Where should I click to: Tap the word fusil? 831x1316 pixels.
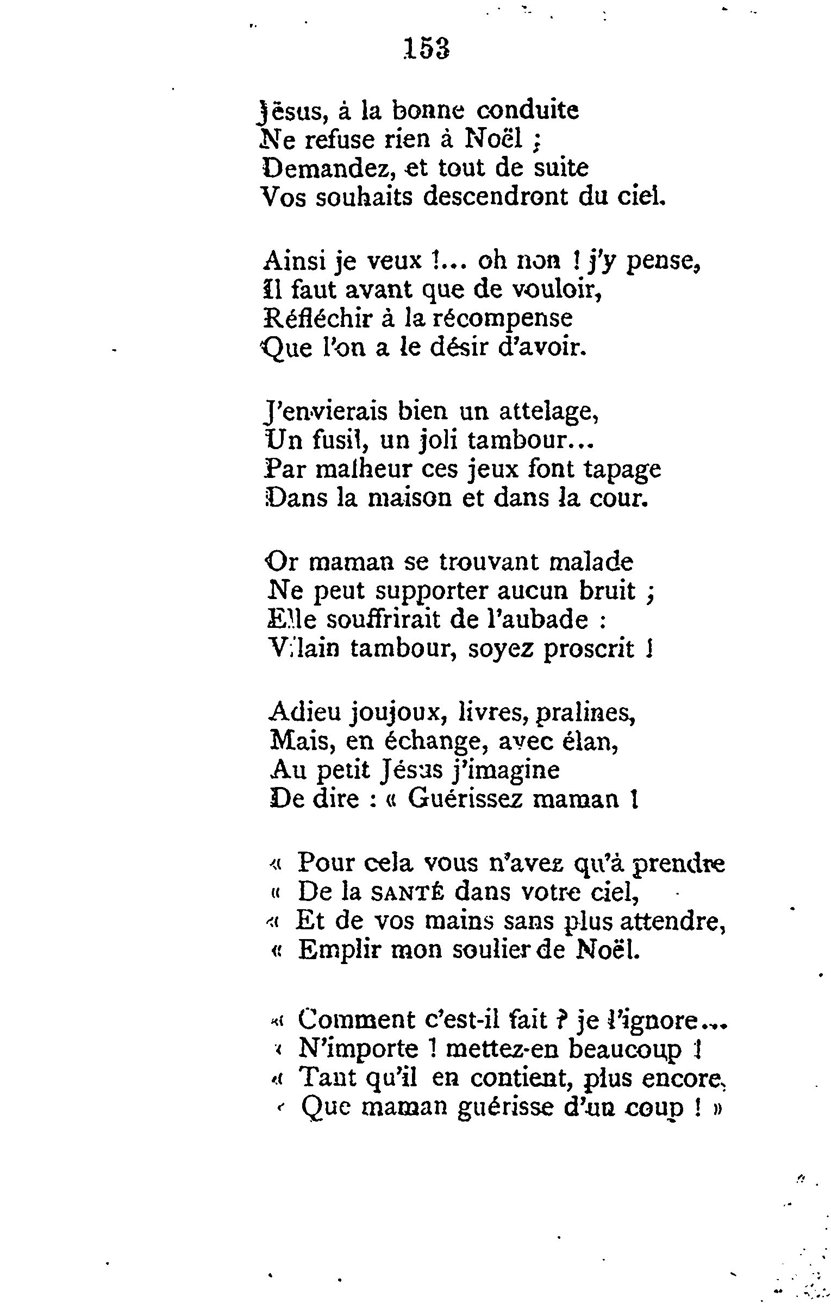coord(340,440)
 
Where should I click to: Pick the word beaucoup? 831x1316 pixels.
coord(625,1049)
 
